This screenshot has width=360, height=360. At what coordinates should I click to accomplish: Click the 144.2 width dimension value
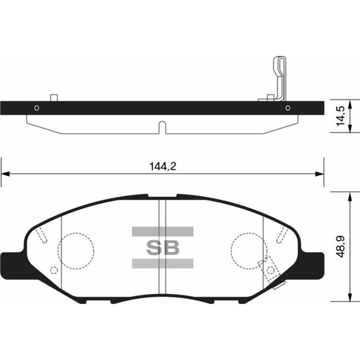[x=160, y=166]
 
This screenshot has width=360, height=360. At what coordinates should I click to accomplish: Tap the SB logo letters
[x=163, y=247]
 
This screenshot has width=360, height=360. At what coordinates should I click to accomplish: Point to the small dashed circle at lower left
[x=53, y=271]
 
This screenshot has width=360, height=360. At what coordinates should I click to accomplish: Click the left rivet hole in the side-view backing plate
[x=37, y=108]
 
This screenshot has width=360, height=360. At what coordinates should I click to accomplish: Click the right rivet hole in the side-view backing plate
[x=287, y=108]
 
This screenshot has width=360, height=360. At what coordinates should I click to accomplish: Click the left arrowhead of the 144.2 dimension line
[x=5, y=174]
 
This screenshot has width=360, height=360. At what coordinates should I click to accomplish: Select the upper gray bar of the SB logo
[x=163, y=231]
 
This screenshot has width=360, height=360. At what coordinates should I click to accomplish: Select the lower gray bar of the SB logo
[x=163, y=264]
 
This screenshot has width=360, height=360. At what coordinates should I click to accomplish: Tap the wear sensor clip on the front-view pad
[x=270, y=269]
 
